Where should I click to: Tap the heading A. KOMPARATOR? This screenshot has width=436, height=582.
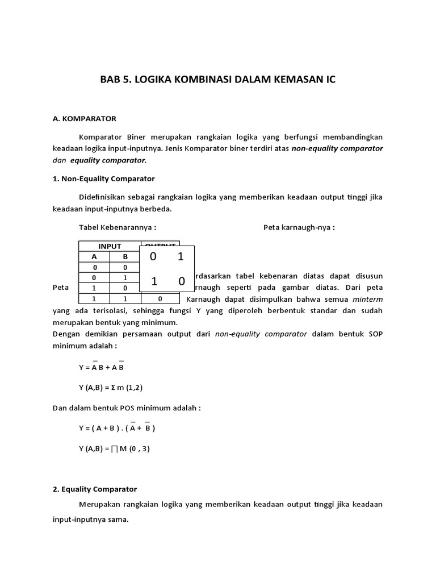[x=84, y=119]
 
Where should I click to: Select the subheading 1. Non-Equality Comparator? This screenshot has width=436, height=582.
[x=103, y=178]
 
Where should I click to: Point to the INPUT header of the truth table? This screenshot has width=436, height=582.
[x=110, y=246]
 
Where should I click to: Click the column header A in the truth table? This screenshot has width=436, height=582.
[x=94, y=256]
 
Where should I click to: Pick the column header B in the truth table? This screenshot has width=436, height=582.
[x=125, y=256]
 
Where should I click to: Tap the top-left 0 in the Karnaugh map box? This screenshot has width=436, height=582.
[x=153, y=257]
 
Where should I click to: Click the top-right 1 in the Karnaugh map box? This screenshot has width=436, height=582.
[x=181, y=257]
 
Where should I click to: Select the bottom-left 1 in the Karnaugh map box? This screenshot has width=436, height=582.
[x=153, y=281]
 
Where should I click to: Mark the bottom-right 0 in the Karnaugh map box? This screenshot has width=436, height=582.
[x=181, y=281]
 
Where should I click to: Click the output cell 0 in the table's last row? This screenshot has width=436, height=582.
[x=160, y=298]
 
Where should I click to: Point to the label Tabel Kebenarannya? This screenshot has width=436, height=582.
[x=118, y=227]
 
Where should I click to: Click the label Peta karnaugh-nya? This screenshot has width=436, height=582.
[x=299, y=227]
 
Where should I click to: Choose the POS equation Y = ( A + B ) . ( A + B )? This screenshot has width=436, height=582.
[x=116, y=428]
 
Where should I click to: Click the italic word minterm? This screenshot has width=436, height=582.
[x=367, y=298]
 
